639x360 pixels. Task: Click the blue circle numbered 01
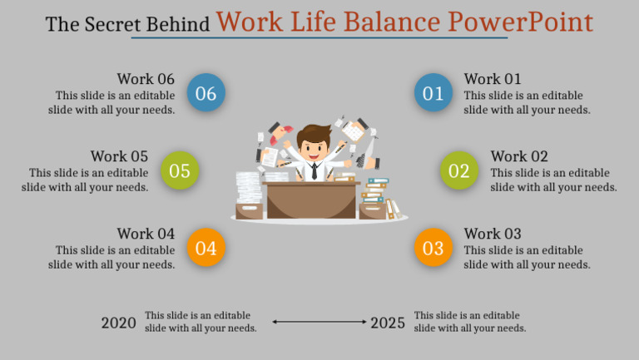coord(433,93)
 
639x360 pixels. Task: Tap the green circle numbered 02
coord(459,170)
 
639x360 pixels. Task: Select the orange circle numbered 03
coord(433,247)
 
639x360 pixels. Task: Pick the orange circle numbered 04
coord(206,247)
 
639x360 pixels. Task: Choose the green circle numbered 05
coord(180,170)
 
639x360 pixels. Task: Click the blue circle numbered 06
coord(206,93)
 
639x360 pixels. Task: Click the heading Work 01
coord(493,79)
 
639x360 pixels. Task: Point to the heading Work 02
coord(519,156)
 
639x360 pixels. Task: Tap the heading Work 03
coord(493,234)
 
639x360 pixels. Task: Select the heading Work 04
coord(146,234)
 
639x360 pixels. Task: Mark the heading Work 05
coord(119,156)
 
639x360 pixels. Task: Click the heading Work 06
coord(146,79)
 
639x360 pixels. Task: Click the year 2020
coord(118,323)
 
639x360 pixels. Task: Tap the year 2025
coord(388,323)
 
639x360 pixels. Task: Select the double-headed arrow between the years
coord(319,322)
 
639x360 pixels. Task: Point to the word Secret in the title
coord(110,24)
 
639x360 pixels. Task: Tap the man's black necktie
coord(314,171)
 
